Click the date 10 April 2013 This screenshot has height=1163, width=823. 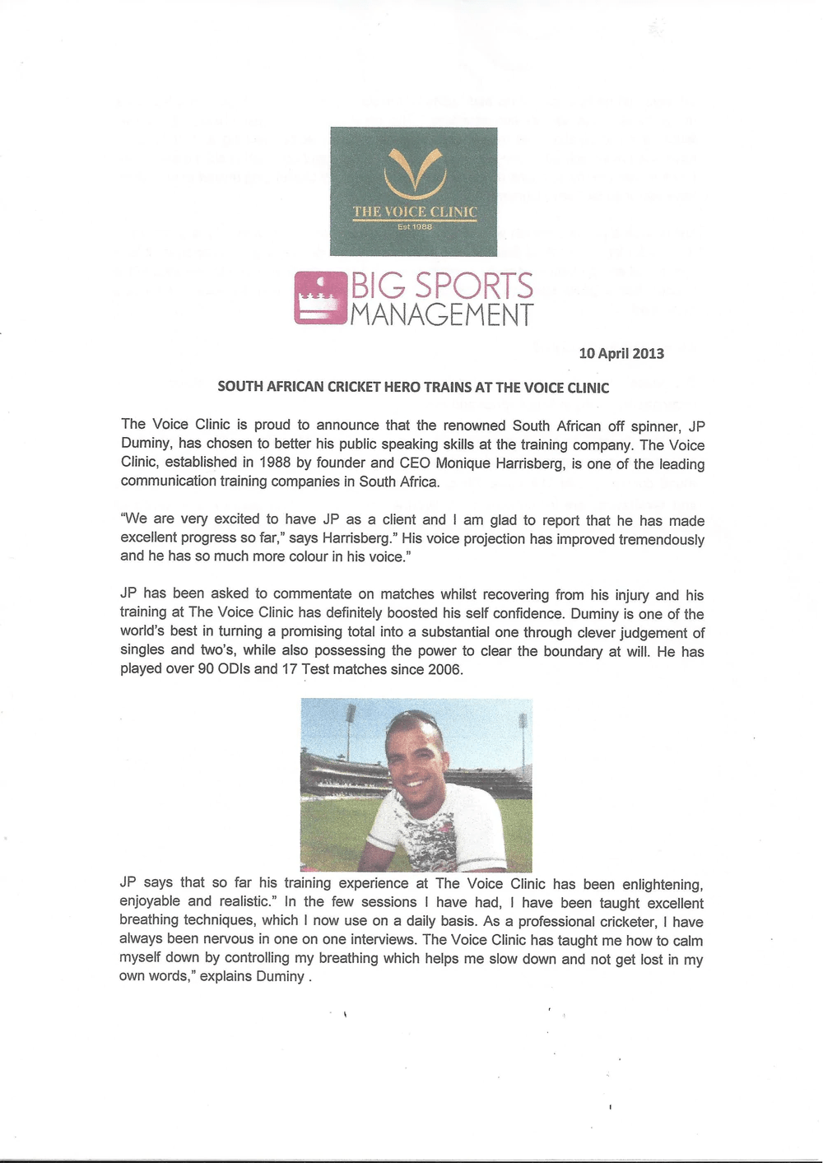tap(621, 353)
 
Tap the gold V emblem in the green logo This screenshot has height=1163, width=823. tap(415, 174)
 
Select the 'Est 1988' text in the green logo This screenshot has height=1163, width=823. tap(415, 226)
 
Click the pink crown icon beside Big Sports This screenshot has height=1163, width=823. tap(320, 298)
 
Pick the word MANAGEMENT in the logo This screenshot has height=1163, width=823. tap(442, 314)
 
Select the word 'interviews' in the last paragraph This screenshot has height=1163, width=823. tap(384, 939)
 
